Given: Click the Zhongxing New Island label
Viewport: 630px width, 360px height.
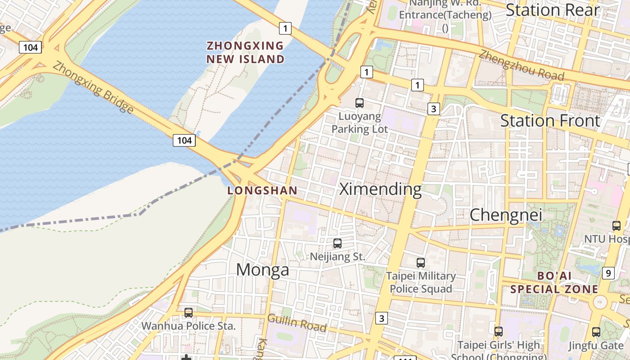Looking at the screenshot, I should [245, 52].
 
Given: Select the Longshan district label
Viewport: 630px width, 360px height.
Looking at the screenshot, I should [262, 190].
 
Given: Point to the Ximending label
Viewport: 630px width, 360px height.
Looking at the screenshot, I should [380, 189].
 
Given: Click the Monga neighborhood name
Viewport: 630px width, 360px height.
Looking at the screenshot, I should [263, 270].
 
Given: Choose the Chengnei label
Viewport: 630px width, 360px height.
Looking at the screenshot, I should [506, 215].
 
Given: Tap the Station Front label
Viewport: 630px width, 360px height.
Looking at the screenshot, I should [550, 121].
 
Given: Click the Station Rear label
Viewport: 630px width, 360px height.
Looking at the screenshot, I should [553, 10].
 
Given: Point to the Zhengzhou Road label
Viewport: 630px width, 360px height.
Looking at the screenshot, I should [521, 65].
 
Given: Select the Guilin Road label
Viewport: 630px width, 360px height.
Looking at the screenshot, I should [297, 323].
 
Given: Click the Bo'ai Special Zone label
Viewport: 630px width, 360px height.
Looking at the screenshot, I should [554, 282].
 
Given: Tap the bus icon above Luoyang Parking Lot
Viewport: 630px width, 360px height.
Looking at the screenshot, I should [360, 103].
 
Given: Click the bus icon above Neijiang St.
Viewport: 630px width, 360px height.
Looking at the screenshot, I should [337, 243].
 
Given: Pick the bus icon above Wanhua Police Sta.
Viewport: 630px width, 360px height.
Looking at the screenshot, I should [189, 312].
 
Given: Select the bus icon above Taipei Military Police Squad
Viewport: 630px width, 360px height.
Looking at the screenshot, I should [421, 262].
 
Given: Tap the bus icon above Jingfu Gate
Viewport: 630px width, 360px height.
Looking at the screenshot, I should [596, 332].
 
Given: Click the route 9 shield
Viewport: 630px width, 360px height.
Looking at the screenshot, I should [608, 273].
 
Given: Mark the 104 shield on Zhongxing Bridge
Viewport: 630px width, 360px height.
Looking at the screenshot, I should [184, 140].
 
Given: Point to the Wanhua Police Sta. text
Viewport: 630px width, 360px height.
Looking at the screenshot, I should [189, 326].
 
